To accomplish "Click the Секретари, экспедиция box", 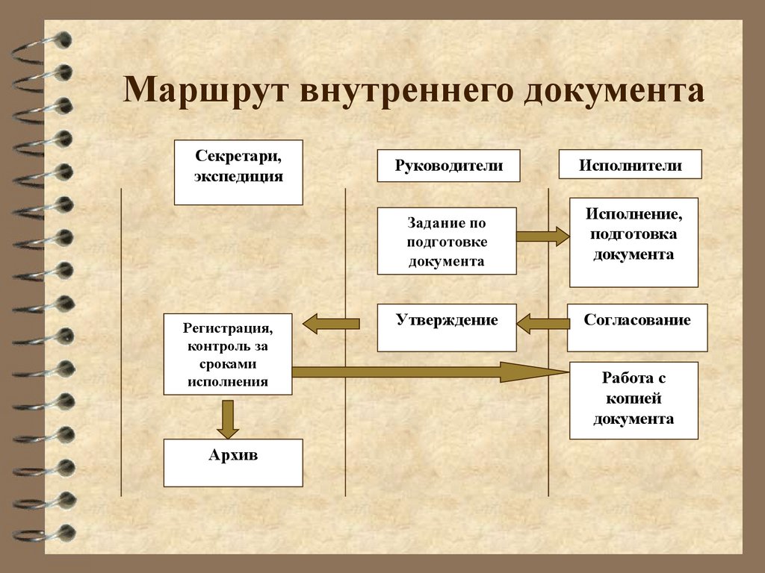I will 238,172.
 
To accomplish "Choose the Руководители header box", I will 448,165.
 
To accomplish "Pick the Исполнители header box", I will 630,165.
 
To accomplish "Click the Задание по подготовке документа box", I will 447,241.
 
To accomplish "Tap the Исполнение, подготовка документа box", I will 634,242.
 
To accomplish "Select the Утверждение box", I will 447,328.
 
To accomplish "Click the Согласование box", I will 637,328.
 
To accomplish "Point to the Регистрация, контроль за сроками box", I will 228,354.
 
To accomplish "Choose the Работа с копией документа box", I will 634,400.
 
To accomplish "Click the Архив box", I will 233,463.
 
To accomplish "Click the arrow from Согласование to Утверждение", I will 542,323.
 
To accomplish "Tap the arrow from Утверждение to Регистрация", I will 331,323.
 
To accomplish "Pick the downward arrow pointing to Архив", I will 227,419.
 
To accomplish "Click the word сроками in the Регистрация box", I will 228,364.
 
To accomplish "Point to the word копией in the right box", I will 634,400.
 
